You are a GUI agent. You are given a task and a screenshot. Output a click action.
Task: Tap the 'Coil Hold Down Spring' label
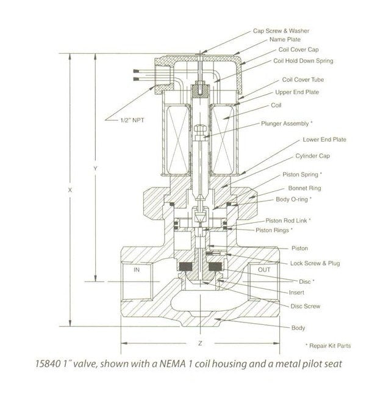[x=303, y=60]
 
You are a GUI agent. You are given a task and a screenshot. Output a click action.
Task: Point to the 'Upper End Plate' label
[x=297, y=92]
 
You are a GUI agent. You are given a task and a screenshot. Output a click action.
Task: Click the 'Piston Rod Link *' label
[x=288, y=219]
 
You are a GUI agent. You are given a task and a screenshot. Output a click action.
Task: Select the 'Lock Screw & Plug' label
[x=315, y=263]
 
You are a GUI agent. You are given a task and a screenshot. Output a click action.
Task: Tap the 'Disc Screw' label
[x=305, y=306]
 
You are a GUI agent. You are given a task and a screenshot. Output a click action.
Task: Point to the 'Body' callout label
[x=298, y=328]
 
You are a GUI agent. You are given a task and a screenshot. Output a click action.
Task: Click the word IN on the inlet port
[x=137, y=269]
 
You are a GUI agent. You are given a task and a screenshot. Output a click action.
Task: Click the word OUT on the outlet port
[x=263, y=269]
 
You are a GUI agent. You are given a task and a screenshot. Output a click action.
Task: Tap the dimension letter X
[x=71, y=190]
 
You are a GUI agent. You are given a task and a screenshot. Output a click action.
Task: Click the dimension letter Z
[x=200, y=343]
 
